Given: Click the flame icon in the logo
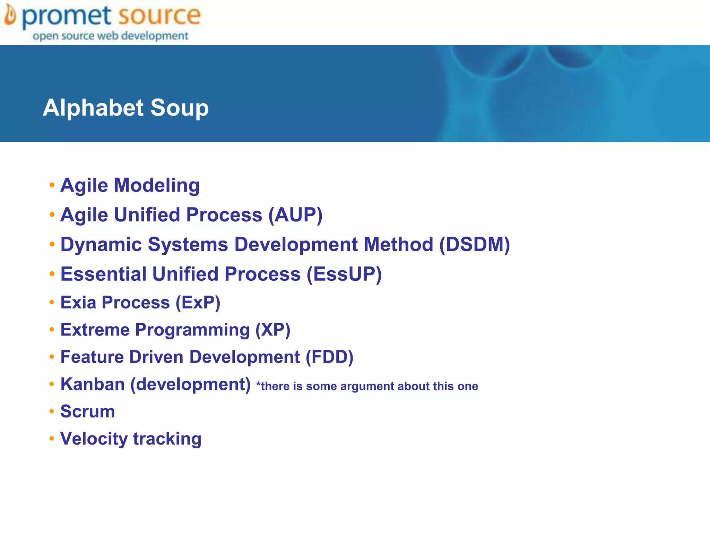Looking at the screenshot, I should point(10,16).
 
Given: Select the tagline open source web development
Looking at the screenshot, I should point(111,36).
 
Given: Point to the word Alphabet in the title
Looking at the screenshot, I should point(93,108).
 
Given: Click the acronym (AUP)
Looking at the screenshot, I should point(295,215).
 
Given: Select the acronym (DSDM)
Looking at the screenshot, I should point(475,244).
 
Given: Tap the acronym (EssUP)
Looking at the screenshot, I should point(344,274).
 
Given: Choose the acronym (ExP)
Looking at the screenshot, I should point(198,303).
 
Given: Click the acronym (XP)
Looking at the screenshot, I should point(273,330).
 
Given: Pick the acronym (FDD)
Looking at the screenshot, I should point(329,357).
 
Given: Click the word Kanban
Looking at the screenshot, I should point(93,384).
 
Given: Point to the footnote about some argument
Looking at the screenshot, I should point(367,386).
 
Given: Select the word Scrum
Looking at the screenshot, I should point(88,412).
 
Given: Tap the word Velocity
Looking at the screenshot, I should point(94,439).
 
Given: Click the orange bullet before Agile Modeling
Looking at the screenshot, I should point(52,185).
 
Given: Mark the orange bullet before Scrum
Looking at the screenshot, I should point(52,412).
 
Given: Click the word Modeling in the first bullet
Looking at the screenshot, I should point(157,185).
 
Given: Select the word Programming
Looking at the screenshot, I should point(192,330).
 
